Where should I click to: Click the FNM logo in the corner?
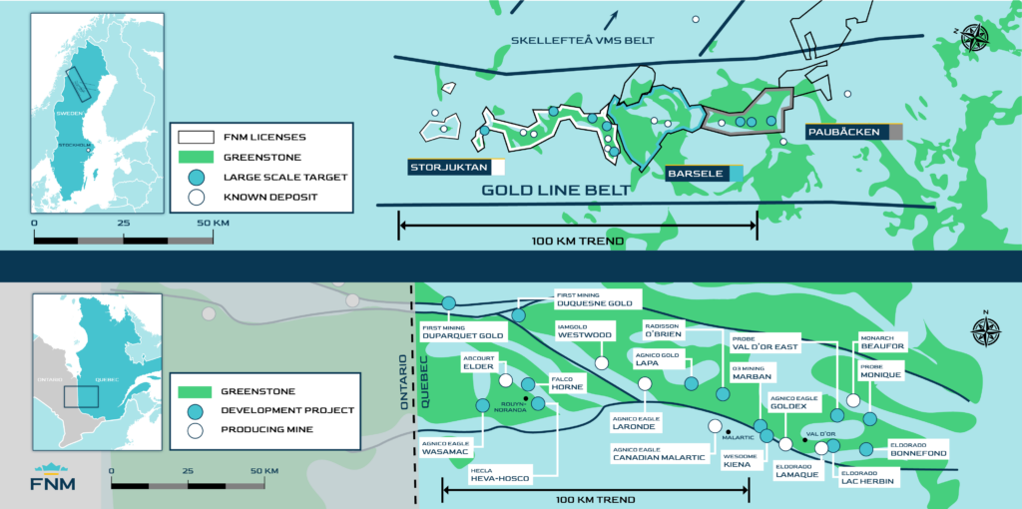(55, 480)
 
